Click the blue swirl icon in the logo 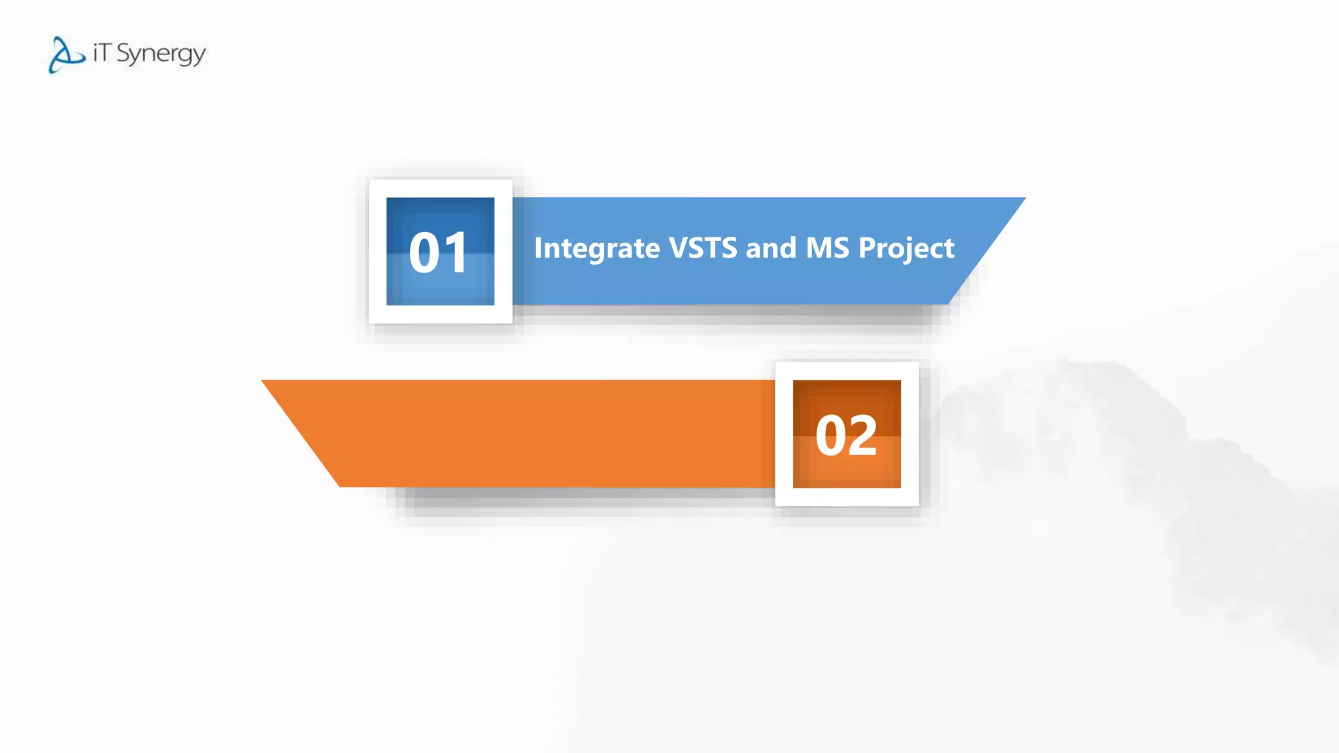[x=66, y=55]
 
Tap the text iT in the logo [x=101, y=52]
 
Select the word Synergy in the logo [x=161, y=54]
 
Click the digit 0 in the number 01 [x=424, y=253]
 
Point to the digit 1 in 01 [x=456, y=253]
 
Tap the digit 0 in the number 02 [x=831, y=436]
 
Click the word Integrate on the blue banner [x=597, y=249]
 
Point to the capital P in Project [x=868, y=248]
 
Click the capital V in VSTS [x=678, y=248]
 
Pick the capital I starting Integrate [x=538, y=248]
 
